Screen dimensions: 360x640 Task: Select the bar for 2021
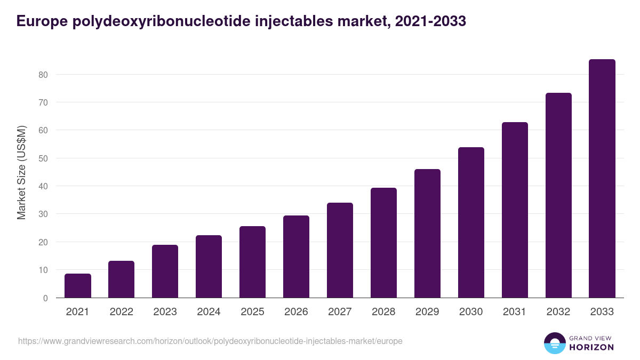point(78,286)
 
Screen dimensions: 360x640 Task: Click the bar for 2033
point(602,179)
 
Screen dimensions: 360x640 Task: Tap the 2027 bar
point(340,250)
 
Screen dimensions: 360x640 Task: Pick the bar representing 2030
point(471,222)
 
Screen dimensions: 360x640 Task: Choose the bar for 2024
point(209,267)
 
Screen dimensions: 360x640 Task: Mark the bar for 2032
point(558,195)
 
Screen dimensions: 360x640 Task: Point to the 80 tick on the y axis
point(43,75)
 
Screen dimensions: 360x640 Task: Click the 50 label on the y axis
point(43,158)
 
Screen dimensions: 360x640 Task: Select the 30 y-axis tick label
point(43,214)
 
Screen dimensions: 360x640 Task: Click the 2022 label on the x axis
point(121,312)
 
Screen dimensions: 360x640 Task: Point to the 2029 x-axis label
point(427,312)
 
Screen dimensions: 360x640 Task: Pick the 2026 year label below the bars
point(296,312)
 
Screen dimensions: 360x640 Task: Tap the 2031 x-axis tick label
point(515,312)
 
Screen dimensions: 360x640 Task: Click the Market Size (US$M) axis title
point(21,172)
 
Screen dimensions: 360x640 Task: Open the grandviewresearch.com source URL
point(210,341)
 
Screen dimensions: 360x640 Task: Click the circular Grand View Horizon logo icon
point(554,343)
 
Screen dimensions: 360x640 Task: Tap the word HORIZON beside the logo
point(591,347)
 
